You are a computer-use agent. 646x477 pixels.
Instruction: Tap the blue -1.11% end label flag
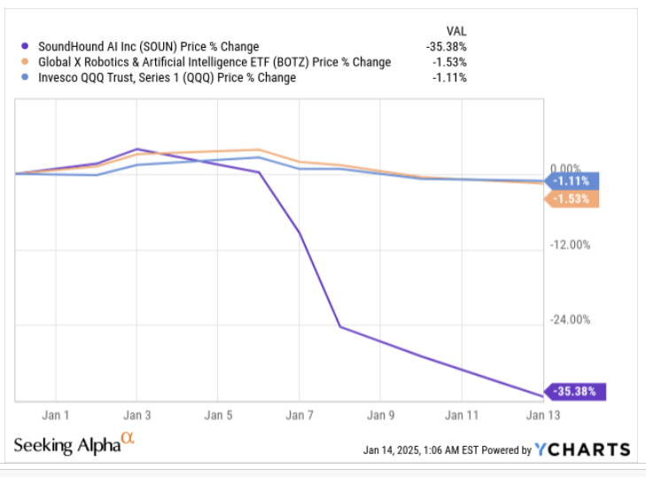574,181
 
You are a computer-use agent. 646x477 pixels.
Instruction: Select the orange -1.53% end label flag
574,199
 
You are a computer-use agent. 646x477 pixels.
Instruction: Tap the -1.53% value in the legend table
449,61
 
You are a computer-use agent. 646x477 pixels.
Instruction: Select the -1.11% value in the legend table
449,77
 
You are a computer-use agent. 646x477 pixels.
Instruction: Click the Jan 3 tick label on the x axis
136,414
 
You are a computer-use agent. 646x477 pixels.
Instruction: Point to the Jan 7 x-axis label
300,414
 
